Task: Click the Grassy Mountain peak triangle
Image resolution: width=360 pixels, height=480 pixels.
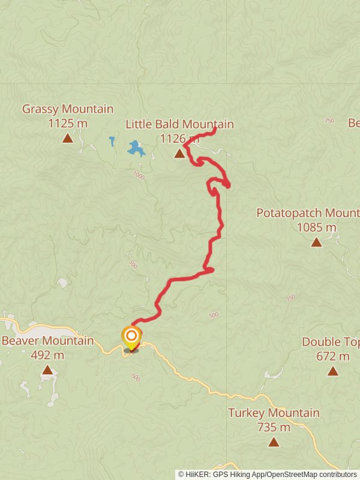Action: point(68,139)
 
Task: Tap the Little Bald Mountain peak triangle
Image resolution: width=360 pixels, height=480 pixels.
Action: point(179,154)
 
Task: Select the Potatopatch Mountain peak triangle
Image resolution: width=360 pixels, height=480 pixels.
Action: point(316,242)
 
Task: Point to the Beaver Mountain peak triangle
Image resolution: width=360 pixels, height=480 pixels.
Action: point(47,370)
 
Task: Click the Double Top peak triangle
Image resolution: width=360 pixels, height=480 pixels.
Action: point(333,371)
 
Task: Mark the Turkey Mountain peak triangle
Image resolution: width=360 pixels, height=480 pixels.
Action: point(274,442)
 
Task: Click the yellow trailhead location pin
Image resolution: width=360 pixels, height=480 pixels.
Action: point(131,337)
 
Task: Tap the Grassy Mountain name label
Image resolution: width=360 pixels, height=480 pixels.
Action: point(68,109)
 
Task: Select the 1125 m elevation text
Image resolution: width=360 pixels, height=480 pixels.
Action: point(68,124)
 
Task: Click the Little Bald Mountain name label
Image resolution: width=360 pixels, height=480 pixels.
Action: point(179,124)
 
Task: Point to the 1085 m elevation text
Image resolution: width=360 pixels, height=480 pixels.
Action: point(316,227)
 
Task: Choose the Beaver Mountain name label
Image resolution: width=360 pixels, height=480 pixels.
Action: point(47,341)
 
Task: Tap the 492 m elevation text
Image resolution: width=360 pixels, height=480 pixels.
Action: point(47,355)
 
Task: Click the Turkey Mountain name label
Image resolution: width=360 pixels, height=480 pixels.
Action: point(274,413)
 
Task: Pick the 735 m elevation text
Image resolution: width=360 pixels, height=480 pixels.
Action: point(274,427)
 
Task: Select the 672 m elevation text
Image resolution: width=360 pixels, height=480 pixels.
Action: point(333,356)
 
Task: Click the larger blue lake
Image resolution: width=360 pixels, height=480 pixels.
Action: point(136,148)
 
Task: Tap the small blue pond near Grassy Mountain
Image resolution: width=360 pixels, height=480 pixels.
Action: point(112,142)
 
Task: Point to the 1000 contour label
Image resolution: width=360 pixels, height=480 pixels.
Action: point(139,176)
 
